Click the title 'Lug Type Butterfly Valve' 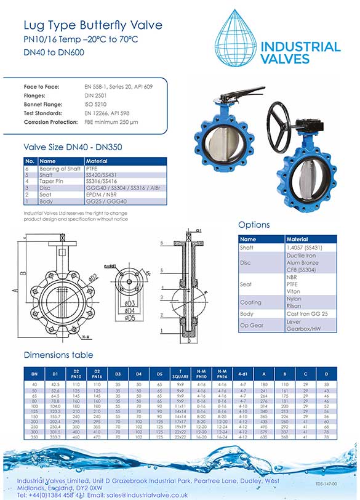click(93, 25)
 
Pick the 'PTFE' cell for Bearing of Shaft click(92, 168)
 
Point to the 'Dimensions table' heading click(58, 355)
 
